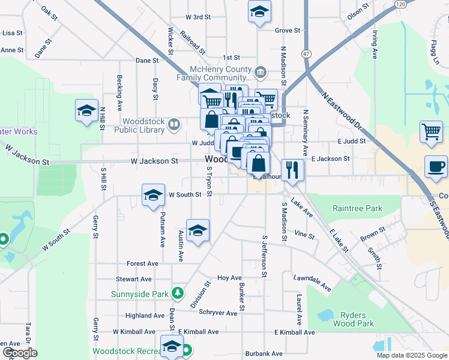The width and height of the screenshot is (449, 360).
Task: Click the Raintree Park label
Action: click(357, 209)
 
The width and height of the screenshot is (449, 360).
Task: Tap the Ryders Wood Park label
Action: click(357, 319)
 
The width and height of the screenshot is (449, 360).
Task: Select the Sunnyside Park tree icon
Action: click(177, 293)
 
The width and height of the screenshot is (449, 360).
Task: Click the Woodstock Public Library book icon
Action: click(174, 124)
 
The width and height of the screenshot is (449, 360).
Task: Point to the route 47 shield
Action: click(306, 53)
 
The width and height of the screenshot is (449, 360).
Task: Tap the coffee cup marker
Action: click(436, 166)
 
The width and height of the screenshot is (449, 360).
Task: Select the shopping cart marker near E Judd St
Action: click(432, 132)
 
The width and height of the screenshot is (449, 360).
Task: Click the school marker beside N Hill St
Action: click(87, 110)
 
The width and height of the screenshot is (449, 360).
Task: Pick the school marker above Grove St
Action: click(259, 12)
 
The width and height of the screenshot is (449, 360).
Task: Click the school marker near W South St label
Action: click(153, 195)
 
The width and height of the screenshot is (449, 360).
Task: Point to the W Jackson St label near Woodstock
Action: click(155, 161)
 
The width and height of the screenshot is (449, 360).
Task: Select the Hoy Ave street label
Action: click(229, 278)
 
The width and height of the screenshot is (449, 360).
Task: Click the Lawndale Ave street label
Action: click(312, 279)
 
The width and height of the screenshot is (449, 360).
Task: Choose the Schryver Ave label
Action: click(218, 313)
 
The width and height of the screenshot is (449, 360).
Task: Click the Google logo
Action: click(20, 353)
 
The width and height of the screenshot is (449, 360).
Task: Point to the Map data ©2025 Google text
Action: click(411, 355)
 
